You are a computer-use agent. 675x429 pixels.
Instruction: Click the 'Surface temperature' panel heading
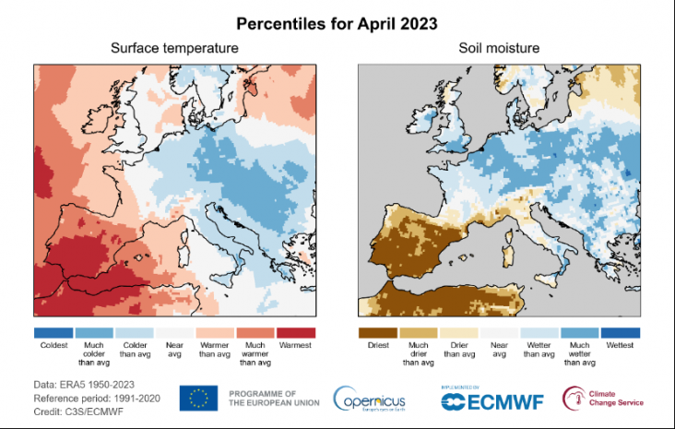click(x=174, y=48)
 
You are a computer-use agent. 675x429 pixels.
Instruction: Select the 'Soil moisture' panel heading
click(x=498, y=48)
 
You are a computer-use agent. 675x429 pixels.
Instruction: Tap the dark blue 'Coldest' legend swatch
click(x=53, y=332)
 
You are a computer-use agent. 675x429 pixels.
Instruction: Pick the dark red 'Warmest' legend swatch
click(x=295, y=332)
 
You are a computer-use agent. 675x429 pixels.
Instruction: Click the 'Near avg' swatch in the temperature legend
click(x=174, y=332)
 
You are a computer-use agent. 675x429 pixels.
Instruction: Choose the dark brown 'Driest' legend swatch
click(x=377, y=332)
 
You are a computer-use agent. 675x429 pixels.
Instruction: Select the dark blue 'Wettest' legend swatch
click(x=619, y=332)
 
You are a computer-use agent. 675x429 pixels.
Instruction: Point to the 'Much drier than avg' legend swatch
click(x=418, y=332)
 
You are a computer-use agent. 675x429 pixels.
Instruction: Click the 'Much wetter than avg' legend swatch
click(x=578, y=332)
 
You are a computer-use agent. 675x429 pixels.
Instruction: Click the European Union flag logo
click(x=198, y=399)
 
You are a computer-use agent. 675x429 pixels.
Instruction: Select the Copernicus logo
click(x=370, y=399)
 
